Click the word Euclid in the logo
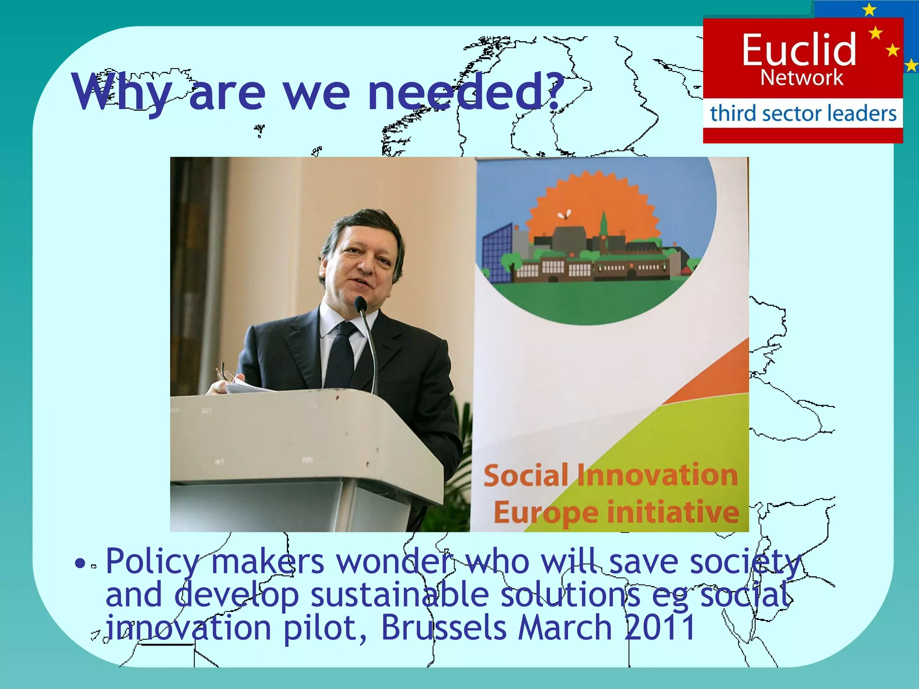pos(799,49)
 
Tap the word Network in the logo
pos(802,78)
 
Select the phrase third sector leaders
pos(803,113)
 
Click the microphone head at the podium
pos(361,305)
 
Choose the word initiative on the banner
pos(673,512)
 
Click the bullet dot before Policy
pos(79,563)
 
